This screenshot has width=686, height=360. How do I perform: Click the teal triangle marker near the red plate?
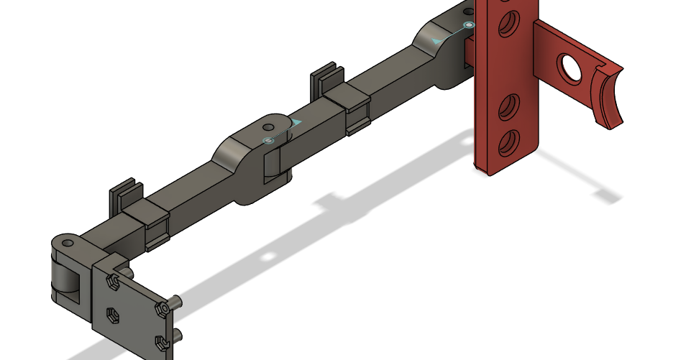tap(437, 41)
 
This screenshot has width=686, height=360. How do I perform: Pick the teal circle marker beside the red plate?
tap(469, 25)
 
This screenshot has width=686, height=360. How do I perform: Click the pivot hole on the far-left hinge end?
tap(67, 244)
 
